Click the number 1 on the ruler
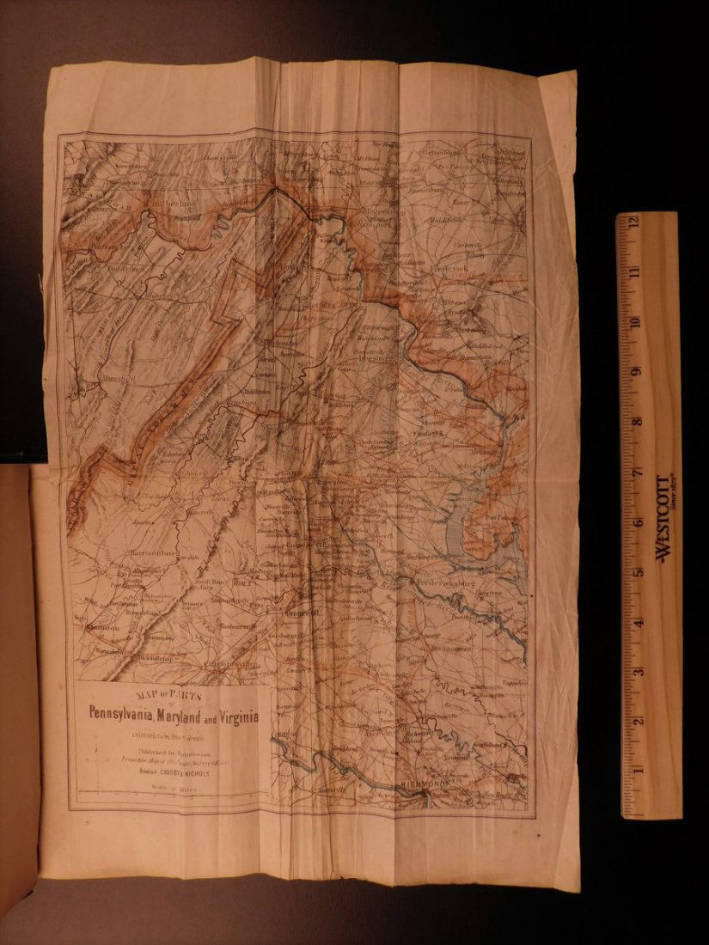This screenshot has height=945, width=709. tap(636, 771)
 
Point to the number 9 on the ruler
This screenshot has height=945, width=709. tap(636, 372)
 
